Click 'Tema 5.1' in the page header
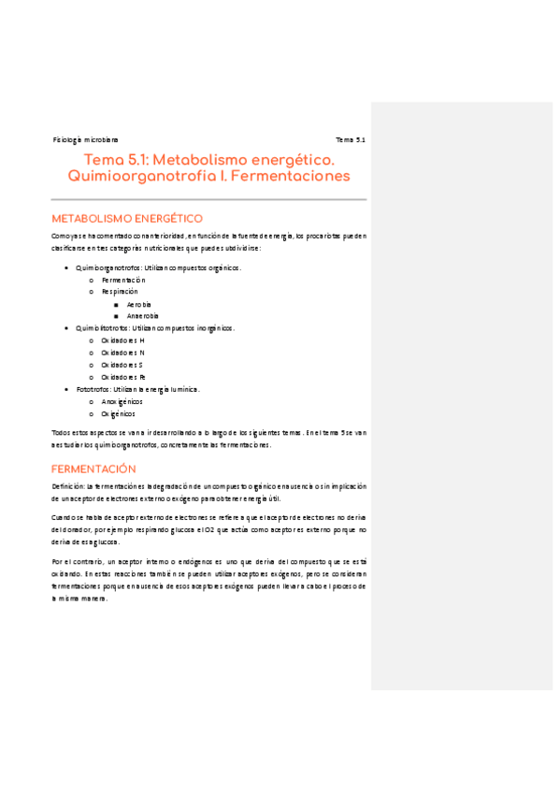pos(351,139)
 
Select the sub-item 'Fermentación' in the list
pos(123,280)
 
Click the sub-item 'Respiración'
pos(121,292)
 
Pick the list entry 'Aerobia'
pos(139,304)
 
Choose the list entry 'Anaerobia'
pos(143,316)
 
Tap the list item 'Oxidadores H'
pos(122,340)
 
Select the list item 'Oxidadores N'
pos(122,353)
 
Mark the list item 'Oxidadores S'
pos(122,365)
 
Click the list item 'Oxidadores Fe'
pos(123,377)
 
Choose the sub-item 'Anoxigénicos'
pos(122,401)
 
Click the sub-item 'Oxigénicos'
pos(119,413)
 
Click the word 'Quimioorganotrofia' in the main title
pos(132,177)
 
